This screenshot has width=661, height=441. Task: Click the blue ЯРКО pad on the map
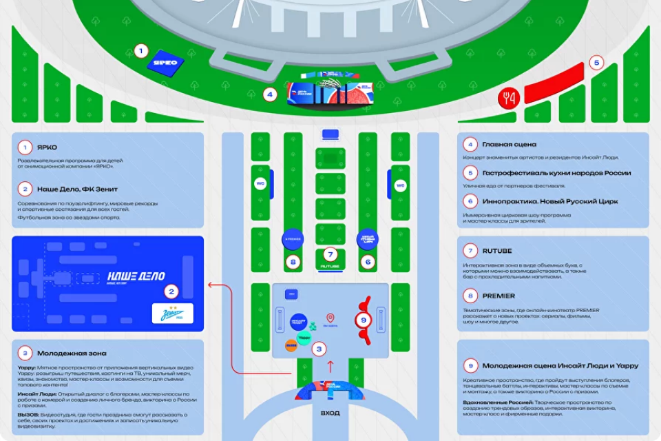pyautogui.click(x=165, y=63)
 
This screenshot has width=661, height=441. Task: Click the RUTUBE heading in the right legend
pyautogui.click(x=497, y=251)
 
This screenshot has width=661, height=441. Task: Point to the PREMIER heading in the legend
pyautogui.click(x=499, y=296)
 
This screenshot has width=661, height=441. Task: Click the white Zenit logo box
pyautogui.click(x=172, y=314)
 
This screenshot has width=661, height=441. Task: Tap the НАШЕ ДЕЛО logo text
pyautogui.click(x=136, y=276)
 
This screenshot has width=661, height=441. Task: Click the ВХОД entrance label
pyautogui.click(x=330, y=413)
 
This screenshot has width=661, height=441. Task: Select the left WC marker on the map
pyautogui.click(x=261, y=184)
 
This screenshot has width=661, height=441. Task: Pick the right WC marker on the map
pyautogui.click(x=400, y=185)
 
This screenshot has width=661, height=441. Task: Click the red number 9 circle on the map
pyautogui.click(x=364, y=320)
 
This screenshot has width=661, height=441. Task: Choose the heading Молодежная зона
pyautogui.click(x=72, y=353)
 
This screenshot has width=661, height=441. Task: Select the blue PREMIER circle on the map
pyautogui.click(x=293, y=238)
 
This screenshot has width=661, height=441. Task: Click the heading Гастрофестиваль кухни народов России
pyautogui.click(x=556, y=173)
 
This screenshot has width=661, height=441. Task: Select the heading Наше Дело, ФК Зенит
pyautogui.click(x=77, y=188)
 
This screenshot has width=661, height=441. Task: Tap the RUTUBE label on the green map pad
pyautogui.click(x=330, y=265)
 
